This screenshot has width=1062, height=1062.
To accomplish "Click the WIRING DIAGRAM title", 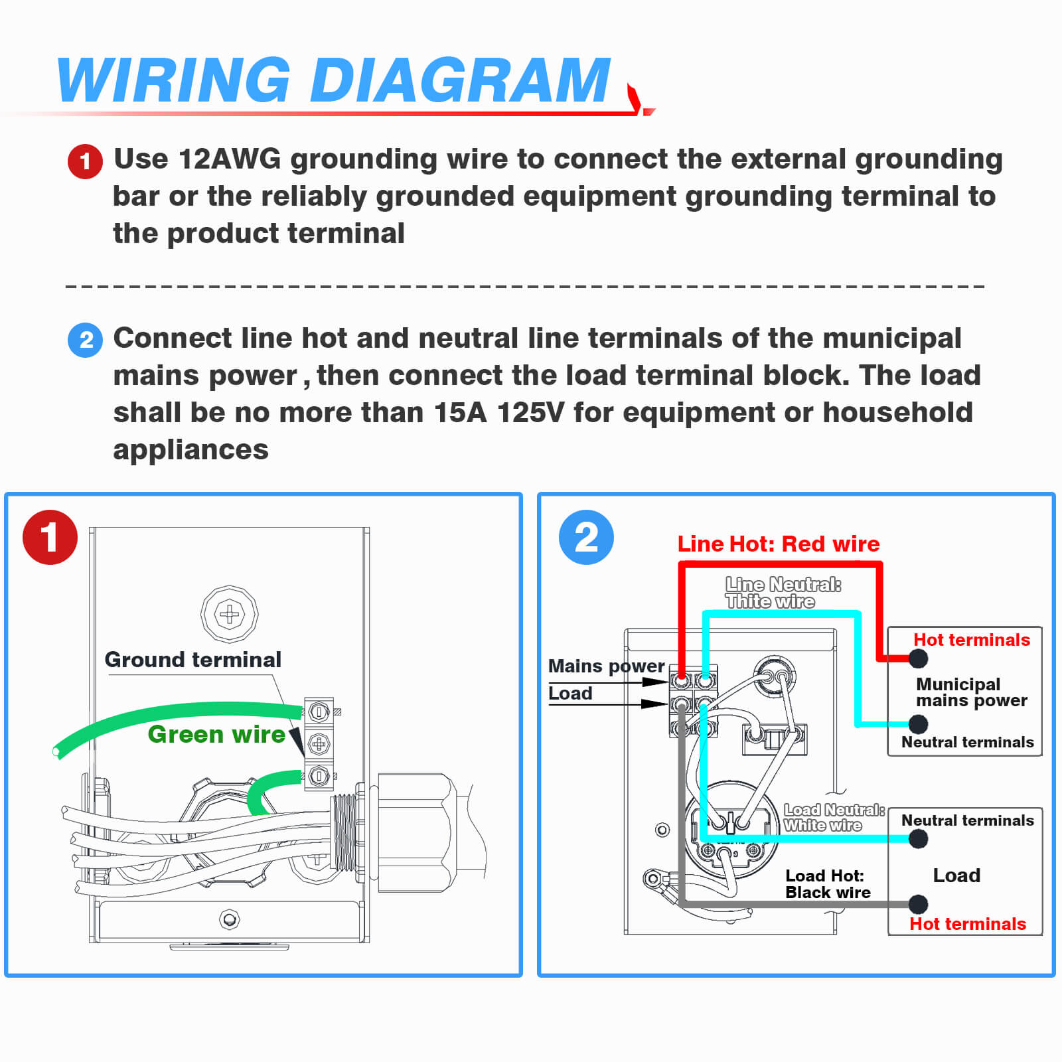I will [x=333, y=81].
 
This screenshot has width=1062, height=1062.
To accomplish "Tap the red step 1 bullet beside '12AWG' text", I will [x=85, y=161].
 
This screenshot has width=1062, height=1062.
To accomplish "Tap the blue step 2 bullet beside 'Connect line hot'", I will [x=85, y=340].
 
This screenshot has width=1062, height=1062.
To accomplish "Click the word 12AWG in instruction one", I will [x=230, y=159].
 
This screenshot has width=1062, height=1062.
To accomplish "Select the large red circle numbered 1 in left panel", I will [x=50, y=537].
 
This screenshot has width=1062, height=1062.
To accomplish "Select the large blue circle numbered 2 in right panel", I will [x=586, y=537].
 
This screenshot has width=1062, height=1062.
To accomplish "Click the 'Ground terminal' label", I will [x=192, y=660].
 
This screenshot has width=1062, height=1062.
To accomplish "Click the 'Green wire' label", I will [x=216, y=734].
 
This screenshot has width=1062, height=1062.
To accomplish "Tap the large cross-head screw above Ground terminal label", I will [x=230, y=614].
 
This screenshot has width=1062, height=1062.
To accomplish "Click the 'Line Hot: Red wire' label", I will [x=778, y=544].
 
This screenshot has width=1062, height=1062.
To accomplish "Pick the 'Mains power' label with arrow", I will [x=606, y=666].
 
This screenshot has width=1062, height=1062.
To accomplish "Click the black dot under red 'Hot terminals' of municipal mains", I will [x=918, y=658].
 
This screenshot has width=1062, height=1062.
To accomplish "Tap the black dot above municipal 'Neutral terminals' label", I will [x=918, y=723].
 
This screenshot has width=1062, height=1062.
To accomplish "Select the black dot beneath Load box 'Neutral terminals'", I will [x=918, y=839].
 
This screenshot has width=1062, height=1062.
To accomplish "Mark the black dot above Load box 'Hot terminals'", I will [x=918, y=904].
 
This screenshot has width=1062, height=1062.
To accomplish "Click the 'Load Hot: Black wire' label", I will [x=827, y=884].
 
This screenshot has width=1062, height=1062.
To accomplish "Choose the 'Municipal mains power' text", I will [x=970, y=692].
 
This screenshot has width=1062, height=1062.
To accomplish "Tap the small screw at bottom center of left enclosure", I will [x=229, y=919].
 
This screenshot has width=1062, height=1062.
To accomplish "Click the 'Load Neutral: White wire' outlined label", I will [x=833, y=818].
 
